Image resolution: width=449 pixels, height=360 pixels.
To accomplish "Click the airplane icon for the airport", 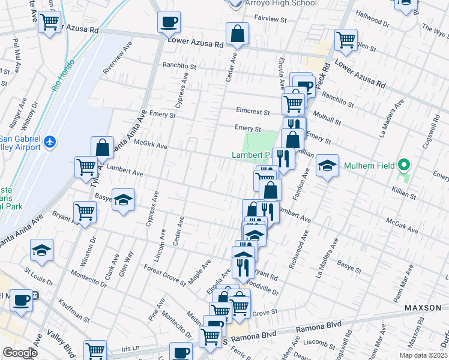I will [x=49, y=142].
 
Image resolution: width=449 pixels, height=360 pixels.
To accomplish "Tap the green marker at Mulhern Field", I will [x=404, y=164].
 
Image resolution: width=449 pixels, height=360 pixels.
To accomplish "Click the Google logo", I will [x=20, y=352].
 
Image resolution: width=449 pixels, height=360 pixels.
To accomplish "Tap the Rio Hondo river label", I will [x=62, y=74].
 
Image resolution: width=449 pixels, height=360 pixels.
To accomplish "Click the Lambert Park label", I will [x=250, y=155].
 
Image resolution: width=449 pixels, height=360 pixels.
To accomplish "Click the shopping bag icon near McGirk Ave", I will [x=103, y=147].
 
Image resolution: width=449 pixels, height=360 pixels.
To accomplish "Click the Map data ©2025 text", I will [x=423, y=355].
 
